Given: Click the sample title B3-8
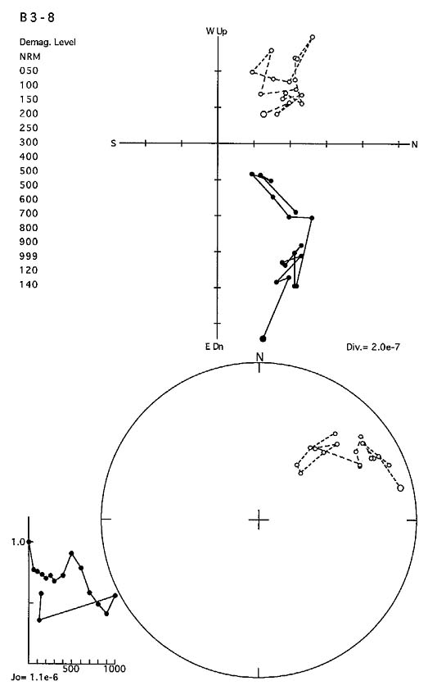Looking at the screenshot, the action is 37,17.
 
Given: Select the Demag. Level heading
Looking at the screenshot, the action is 47,42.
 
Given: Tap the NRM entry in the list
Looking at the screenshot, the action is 29,57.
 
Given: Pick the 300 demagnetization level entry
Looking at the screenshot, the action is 29,142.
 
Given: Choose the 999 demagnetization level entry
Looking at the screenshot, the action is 29,256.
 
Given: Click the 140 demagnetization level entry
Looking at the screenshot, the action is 29,284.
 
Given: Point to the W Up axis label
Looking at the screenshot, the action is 216,31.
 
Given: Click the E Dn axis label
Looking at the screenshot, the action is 214,347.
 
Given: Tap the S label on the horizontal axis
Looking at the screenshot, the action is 114,143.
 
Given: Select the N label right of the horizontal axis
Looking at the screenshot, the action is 414,144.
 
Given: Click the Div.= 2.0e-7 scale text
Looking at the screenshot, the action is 373,347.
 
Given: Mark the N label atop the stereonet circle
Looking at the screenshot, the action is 259,356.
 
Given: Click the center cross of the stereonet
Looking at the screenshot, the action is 259,520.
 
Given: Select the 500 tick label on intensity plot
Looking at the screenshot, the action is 71,669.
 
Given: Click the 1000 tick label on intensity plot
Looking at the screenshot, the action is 115,669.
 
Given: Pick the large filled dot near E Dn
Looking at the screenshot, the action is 263,338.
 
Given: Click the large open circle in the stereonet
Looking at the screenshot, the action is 400,488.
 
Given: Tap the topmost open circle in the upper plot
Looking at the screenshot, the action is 313,37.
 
